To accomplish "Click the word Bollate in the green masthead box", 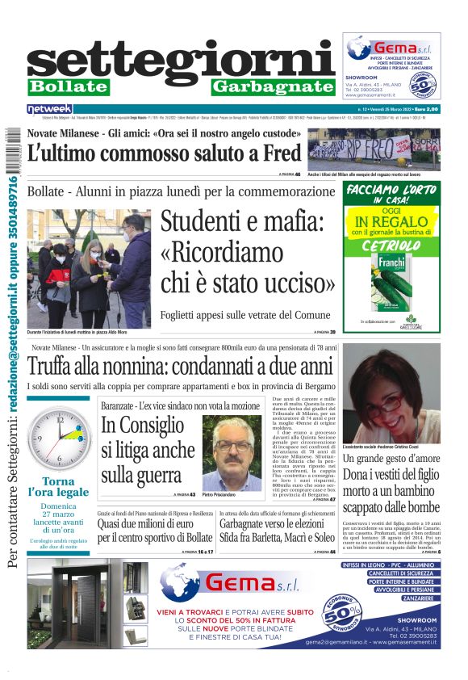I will coord(68,86).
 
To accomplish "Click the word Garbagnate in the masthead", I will coord(274,86).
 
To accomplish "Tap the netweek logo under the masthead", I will coord(49,108).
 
